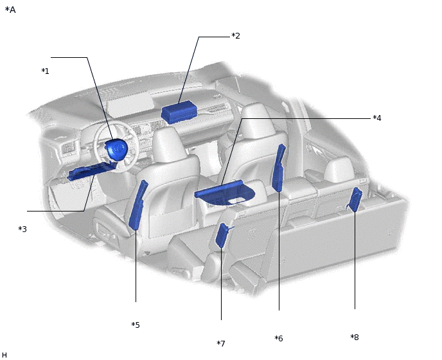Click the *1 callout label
[45, 71]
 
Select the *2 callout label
[236, 36]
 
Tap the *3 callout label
[22, 229]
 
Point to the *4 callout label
[377, 118]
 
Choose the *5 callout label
[136, 325]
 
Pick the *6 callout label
[279, 338]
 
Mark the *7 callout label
[221, 343]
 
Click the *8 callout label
[355, 337]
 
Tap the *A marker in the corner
[10, 10]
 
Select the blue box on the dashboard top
[179, 113]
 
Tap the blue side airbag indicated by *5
[138, 205]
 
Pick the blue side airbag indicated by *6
[279, 168]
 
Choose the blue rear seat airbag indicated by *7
[223, 235]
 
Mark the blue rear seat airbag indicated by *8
[355, 199]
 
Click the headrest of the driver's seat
[168, 145]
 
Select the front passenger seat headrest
[256, 121]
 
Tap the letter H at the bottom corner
[4, 355]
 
